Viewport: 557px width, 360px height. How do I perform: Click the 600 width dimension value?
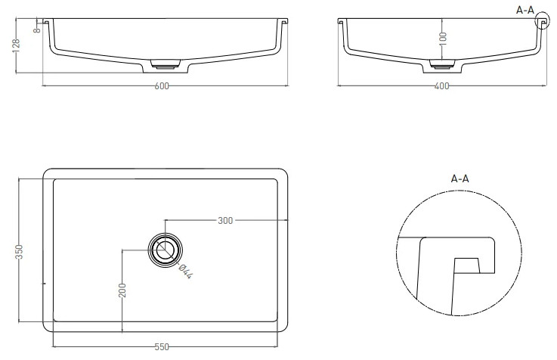pos(162,86)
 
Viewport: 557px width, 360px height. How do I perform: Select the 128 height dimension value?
pos(16,45)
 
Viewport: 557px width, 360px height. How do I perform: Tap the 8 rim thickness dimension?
pos(37,30)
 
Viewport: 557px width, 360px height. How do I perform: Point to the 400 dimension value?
pos(441,86)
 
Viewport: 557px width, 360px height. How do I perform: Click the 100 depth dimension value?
pos(443,39)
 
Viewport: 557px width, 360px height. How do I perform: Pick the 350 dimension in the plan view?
pos(19,252)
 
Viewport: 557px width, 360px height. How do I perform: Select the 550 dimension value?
pos(162,347)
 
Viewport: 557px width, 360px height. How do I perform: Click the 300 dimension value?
pos(225,221)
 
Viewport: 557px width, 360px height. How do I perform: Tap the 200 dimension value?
pos(122,290)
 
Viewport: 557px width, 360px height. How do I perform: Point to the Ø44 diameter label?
pos(185,272)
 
